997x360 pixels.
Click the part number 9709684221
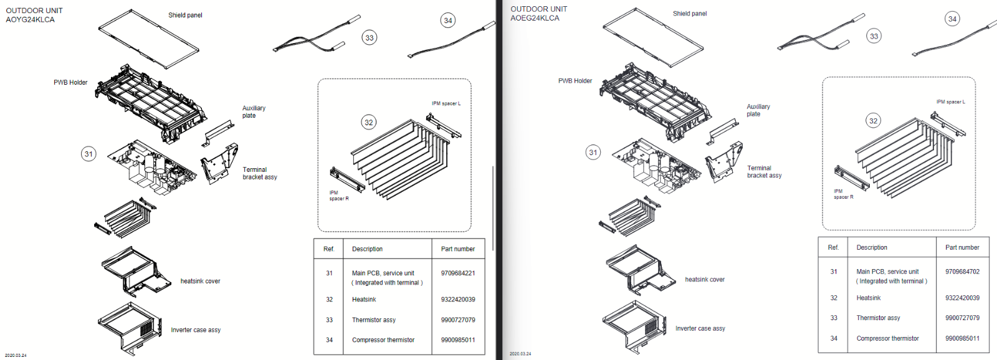point(457,273)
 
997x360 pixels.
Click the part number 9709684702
point(962,272)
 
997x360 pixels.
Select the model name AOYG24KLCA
point(30,20)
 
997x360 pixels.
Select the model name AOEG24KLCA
point(535,18)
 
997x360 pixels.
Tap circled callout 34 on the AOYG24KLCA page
point(448,21)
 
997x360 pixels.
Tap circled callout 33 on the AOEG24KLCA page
point(874,36)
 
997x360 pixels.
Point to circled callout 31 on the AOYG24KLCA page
point(89,154)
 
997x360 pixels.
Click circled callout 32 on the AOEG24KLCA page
point(874,121)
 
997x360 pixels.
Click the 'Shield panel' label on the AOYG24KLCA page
point(185,15)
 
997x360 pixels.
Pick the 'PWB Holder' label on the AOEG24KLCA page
point(575,81)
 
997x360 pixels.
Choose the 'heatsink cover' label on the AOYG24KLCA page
point(200,281)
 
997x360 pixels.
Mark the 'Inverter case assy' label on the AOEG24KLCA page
point(700,328)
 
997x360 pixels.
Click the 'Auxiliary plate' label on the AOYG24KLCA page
point(254,111)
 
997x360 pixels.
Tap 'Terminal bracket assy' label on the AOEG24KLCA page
point(764,172)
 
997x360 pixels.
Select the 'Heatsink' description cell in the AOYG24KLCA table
point(364,300)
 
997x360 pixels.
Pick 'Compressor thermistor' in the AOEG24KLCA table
point(887,338)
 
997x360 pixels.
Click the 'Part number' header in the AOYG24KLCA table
point(457,249)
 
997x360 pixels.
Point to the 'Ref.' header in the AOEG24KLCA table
point(833,247)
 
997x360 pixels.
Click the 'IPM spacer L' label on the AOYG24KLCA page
point(446,103)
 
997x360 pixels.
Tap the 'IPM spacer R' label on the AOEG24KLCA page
point(843,194)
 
